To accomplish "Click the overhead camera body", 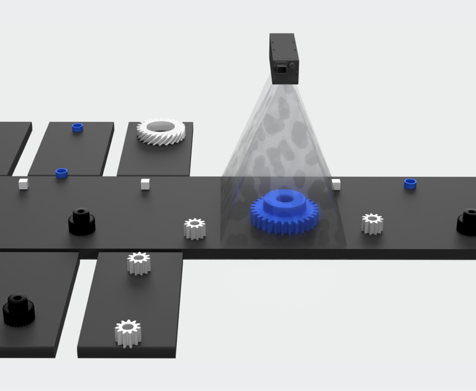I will point(284,58).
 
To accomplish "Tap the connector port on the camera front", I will point(281,69).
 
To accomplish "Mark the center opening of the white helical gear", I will point(160,126).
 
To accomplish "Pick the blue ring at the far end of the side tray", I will point(77,127).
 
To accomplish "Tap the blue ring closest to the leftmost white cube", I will point(61,173).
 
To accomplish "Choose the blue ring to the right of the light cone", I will point(410,184).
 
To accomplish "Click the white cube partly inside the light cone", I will point(336,185).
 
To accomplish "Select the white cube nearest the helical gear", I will point(145,184).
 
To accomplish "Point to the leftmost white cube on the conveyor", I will point(23,184).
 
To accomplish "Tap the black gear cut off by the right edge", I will point(467,222).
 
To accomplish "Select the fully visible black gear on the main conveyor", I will point(82,221).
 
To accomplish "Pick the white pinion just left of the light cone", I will point(195,228).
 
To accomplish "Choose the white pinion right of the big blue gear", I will point(372,224).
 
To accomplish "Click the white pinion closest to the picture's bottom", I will point(128,333).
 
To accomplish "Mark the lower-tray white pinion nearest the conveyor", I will point(139,263).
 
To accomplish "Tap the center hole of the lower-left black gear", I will point(18,298).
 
